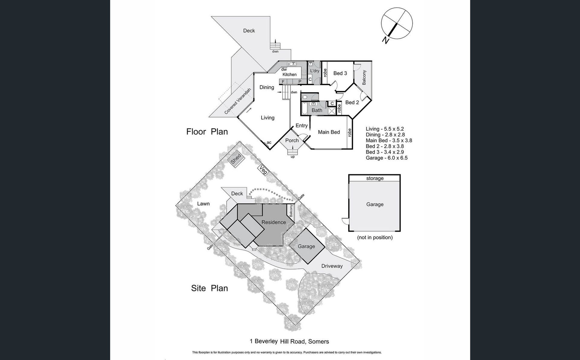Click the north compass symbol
click(x=397, y=24)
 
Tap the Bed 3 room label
click(x=340, y=73)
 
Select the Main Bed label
click(x=329, y=132)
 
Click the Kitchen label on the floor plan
click(x=289, y=74)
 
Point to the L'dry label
click(x=315, y=71)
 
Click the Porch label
click(x=292, y=140)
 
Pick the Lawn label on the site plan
click(x=203, y=204)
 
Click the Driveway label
click(x=332, y=266)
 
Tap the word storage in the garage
click(x=375, y=178)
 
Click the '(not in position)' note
click(x=375, y=237)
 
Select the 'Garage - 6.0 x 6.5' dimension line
click(x=387, y=158)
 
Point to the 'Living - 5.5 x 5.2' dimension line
click(x=385, y=129)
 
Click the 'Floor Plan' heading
click(x=207, y=132)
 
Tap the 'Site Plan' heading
click(x=209, y=288)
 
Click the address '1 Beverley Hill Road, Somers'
click(x=289, y=342)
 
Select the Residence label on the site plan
click(x=274, y=222)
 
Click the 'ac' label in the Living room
click(x=269, y=143)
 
